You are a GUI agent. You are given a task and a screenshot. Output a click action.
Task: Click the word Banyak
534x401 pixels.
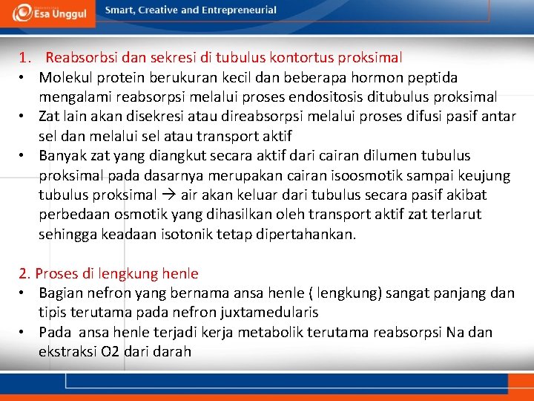(x=62, y=156)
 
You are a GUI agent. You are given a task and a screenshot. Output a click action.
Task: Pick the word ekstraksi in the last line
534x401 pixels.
(x=68, y=351)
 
